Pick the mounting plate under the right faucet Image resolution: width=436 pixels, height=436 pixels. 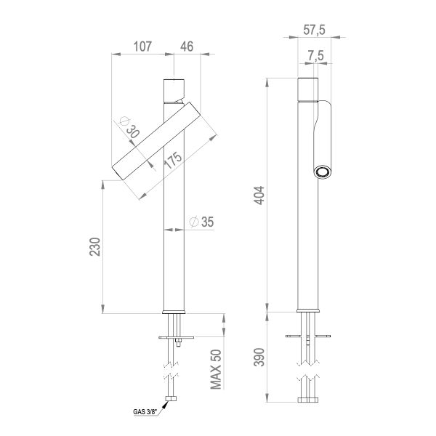click(x=308, y=336)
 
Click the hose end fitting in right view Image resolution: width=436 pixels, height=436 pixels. click(x=308, y=399)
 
